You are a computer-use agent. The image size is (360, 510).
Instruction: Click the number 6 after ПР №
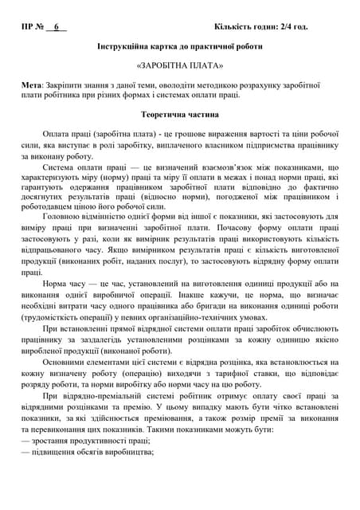(x=57, y=27)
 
